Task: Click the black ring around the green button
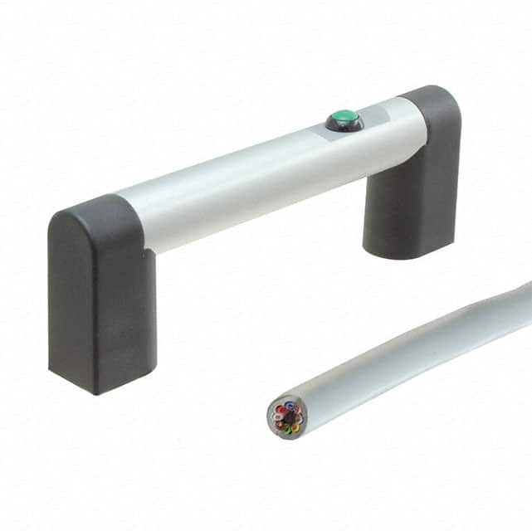tap(334, 125)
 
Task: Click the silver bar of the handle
tap(249, 178)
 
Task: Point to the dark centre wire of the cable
tap(287, 417)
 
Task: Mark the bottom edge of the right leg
tap(407, 254)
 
